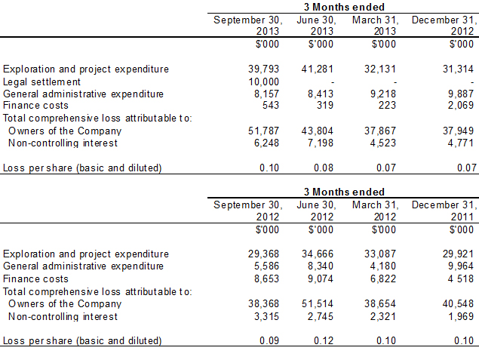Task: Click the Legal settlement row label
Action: (41, 82)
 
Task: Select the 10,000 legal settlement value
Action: (264, 82)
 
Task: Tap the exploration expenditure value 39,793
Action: (264, 69)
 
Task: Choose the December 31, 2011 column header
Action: (443, 211)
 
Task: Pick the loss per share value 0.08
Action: (324, 168)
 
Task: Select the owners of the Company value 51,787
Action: (264, 131)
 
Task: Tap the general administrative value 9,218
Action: (380, 94)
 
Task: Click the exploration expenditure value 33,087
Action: (380, 254)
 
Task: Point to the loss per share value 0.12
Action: (324, 340)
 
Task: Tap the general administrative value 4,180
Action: (383, 266)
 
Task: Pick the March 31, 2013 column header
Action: (375, 25)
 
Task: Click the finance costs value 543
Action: (270, 106)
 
